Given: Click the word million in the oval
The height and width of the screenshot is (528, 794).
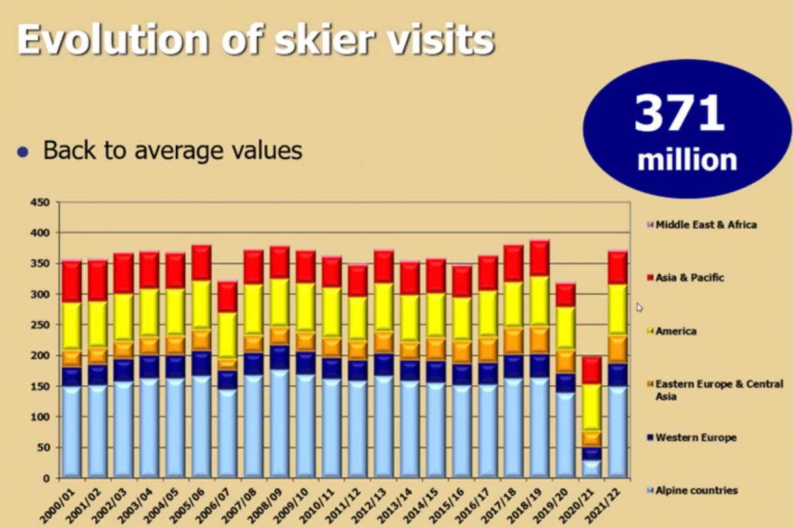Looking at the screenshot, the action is pyautogui.click(x=687, y=160).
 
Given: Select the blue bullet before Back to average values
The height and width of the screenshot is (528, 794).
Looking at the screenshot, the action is pyautogui.click(x=23, y=152).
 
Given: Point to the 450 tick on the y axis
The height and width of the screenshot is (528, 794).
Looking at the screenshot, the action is pyautogui.click(x=40, y=203).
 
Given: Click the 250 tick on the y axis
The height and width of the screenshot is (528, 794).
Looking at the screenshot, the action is pyautogui.click(x=40, y=325).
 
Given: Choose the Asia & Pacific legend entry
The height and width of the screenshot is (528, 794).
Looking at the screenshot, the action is pyautogui.click(x=685, y=278).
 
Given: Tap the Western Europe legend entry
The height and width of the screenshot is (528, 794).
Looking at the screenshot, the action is pyautogui.click(x=691, y=437).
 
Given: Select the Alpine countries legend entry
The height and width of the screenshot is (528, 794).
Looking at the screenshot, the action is pyautogui.click(x=692, y=490).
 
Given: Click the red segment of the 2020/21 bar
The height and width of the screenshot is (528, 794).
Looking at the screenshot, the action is pyautogui.click(x=592, y=371).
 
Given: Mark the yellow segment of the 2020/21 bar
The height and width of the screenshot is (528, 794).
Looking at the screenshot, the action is pyautogui.click(x=592, y=408).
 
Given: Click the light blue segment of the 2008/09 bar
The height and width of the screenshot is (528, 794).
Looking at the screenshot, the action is pyautogui.click(x=280, y=424).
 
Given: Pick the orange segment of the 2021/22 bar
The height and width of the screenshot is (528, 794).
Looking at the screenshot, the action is pyautogui.click(x=618, y=350).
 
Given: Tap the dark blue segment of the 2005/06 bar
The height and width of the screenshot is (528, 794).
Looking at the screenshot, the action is pyautogui.click(x=202, y=363).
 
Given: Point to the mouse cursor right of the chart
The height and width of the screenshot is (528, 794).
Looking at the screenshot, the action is pyautogui.click(x=639, y=307).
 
